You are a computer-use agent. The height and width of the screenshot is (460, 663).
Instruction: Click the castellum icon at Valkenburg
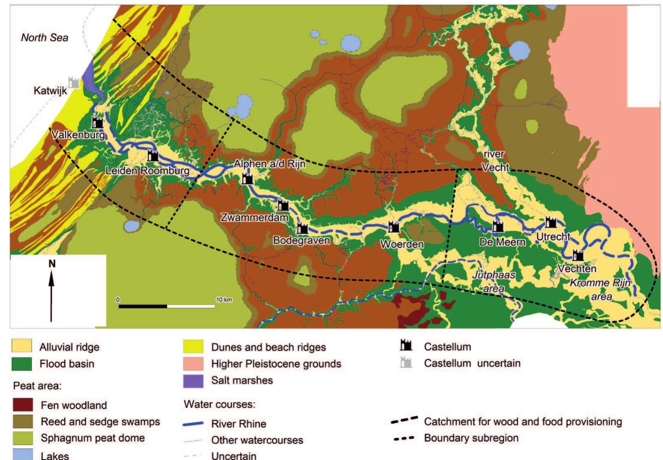[x=97, y=122]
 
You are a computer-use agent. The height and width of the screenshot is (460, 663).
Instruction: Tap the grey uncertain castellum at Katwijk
[x=74, y=82]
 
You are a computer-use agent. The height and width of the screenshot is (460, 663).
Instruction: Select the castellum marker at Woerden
[x=394, y=226]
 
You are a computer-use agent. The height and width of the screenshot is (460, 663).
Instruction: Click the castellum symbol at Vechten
[x=579, y=255]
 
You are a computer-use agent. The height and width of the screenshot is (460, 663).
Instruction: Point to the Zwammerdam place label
[x=254, y=217]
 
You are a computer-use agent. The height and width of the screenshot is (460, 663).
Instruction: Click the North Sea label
[x=45, y=38]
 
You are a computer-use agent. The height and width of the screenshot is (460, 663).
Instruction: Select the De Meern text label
[x=502, y=242]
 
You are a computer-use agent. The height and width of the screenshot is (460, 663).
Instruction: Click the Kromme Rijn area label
[x=600, y=289]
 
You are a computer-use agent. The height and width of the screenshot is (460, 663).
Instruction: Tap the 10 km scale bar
[x=166, y=306]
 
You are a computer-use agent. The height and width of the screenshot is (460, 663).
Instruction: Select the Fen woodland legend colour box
[x=23, y=405]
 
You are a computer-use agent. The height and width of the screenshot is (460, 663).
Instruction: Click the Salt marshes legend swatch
[x=193, y=380]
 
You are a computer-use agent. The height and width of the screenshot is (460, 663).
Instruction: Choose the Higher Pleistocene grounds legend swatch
[x=193, y=364]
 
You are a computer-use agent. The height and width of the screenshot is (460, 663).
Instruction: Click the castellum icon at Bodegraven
[x=302, y=228]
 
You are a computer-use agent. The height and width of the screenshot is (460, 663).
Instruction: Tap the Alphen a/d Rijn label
[x=270, y=164]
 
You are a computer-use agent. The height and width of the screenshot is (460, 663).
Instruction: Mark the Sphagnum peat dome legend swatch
[x=23, y=438]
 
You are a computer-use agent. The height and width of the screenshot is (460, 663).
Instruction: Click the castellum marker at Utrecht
[x=551, y=222]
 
